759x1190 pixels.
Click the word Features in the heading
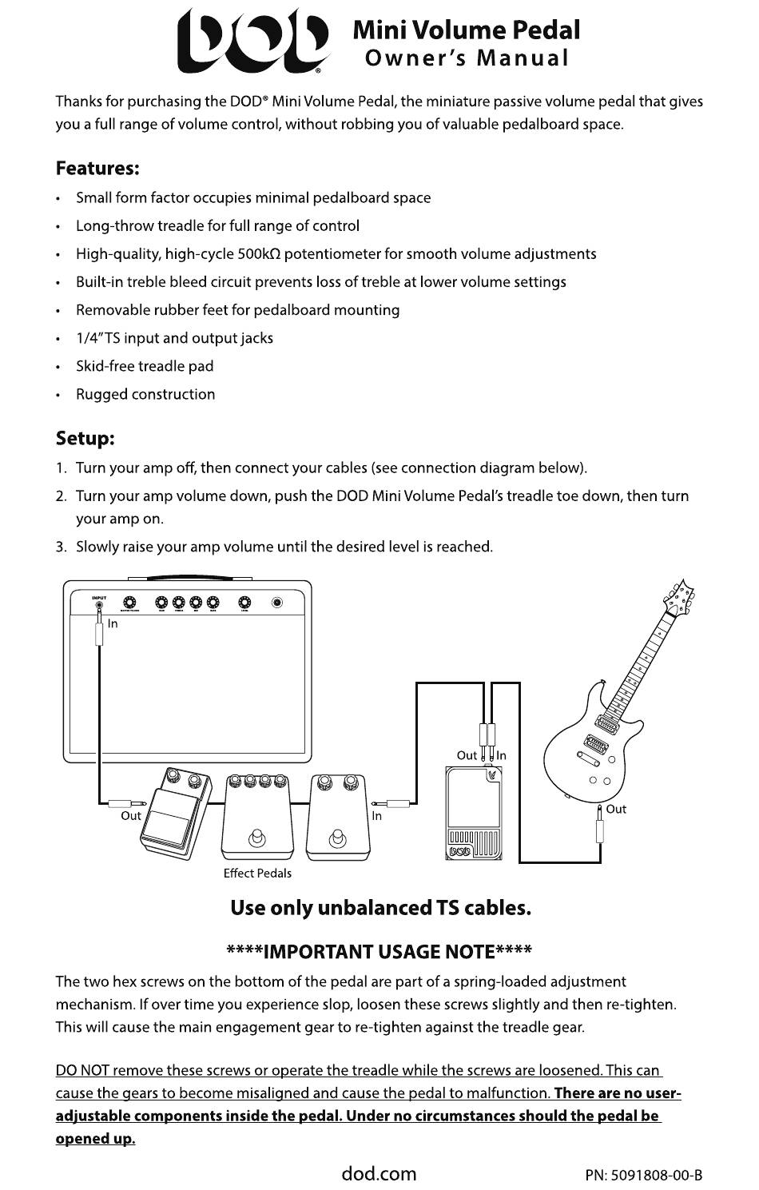[x=97, y=169]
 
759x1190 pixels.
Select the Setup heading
[x=85, y=439]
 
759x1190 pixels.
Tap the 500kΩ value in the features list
[x=259, y=254]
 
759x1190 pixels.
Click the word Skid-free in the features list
[x=105, y=366]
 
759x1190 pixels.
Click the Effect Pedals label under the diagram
[x=257, y=873]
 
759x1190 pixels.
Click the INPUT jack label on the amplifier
[x=98, y=597]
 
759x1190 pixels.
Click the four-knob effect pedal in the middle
[x=257, y=815]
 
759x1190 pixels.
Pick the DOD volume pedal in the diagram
[x=474, y=813]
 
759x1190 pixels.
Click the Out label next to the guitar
[x=616, y=809]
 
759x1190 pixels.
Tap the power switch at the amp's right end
[x=277, y=603]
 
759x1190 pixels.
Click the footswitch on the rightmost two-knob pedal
[x=337, y=838]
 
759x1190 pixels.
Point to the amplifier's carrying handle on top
[x=187, y=577]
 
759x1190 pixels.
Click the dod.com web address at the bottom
[x=379, y=1173]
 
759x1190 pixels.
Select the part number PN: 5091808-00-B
[x=643, y=1175]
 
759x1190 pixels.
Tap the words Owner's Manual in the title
[x=466, y=58]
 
